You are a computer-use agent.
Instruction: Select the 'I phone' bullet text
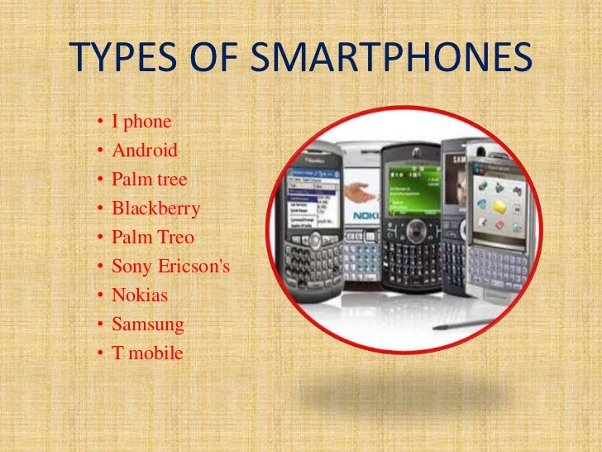pyautogui.click(x=141, y=123)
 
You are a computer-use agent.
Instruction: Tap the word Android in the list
pyautogui.click(x=145, y=151)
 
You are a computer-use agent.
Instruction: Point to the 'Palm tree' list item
pyautogui.click(x=150, y=180)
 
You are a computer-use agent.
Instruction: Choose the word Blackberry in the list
pyautogui.click(x=156, y=209)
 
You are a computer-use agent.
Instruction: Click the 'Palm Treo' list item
pyautogui.click(x=153, y=238)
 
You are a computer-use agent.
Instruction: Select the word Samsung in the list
pyautogui.click(x=148, y=325)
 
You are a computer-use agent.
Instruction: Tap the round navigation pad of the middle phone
pyautogui.click(x=411, y=228)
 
